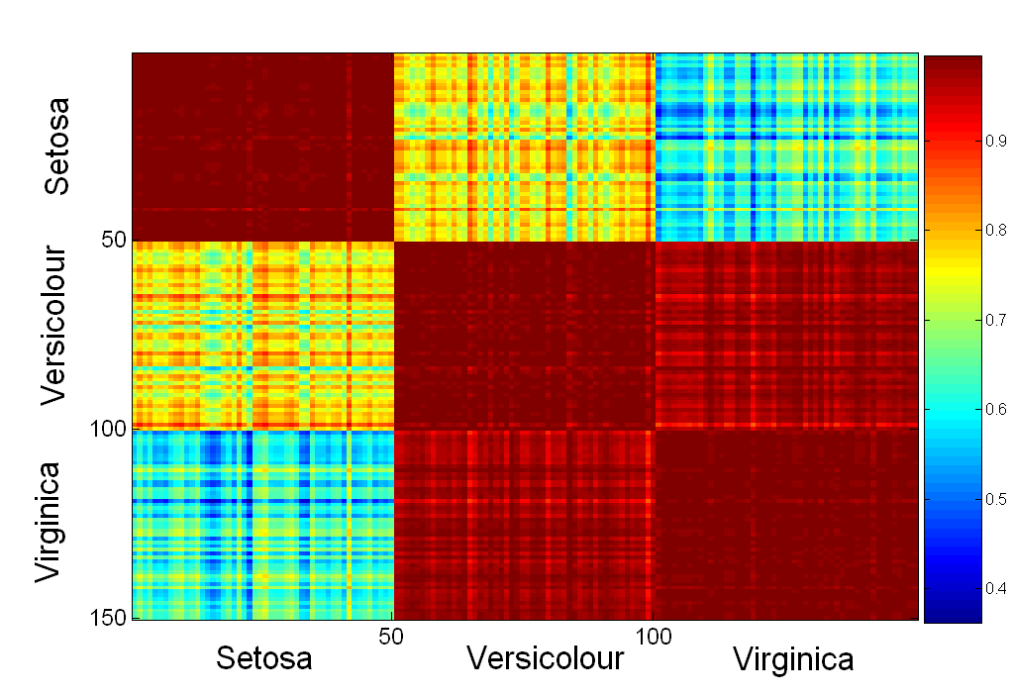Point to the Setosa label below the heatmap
pyautogui.click(x=264, y=658)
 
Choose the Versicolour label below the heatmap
pyautogui.click(x=546, y=658)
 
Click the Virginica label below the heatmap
pyautogui.click(x=793, y=659)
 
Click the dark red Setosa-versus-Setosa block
pyautogui.click(x=262, y=147)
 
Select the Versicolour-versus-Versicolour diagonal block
pyautogui.click(x=524, y=335)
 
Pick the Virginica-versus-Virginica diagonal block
pyautogui.click(x=786, y=524)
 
